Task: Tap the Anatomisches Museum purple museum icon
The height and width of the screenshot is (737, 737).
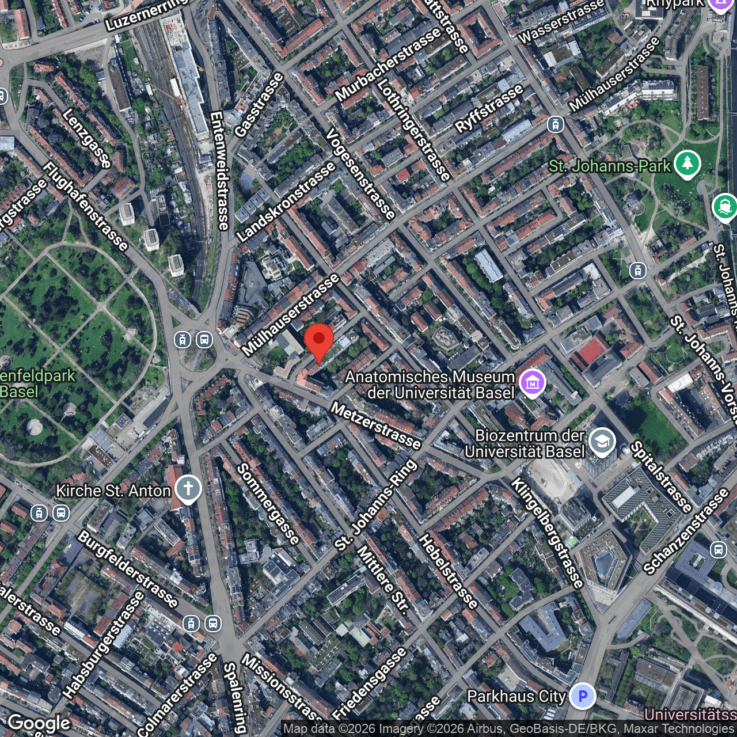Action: tap(532, 382)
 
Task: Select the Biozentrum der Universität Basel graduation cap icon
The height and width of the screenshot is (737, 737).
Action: tap(602, 443)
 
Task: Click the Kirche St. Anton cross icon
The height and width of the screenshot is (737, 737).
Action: tap(188, 490)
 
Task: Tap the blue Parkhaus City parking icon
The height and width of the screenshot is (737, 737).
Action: tap(582, 696)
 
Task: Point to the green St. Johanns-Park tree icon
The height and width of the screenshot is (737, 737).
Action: tap(687, 164)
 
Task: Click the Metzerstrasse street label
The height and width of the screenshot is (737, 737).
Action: tap(376, 426)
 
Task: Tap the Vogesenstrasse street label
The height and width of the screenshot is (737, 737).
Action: tap(360, 174)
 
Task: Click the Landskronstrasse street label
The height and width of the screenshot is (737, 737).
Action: tap(286, 202)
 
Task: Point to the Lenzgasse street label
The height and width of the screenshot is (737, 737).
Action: tap(86, 138)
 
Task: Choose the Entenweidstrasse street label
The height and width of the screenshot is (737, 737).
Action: tap(220, 170)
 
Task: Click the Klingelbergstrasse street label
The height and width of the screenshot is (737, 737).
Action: tap(548, 532)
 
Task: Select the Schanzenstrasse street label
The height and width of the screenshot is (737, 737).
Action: tap(686, 531)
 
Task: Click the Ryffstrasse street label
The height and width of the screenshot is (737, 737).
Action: tap(489, 108)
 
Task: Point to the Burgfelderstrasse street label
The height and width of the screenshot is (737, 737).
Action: tap(128, 569)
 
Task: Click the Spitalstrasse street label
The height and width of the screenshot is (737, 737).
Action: tap(661, 477)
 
